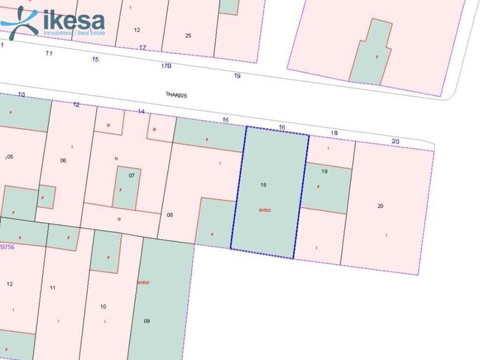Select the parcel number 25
click(188, 35)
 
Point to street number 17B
click(166, 66)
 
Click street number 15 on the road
click(95, 59)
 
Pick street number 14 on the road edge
click(141, 111)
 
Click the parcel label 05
click(10, 157)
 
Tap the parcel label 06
click(63, 160)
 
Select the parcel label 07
click(131, 176)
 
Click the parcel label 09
click(147, 320)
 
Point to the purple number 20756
click(7, 246)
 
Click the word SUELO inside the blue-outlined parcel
click(265, 210)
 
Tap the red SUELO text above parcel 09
click(143, 283)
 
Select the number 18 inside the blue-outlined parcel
click(264, 184)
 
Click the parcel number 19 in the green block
click(324, 171)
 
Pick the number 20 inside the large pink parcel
click(380, 206)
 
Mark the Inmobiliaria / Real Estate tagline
click(74, 34)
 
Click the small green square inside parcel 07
click(126, 187)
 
